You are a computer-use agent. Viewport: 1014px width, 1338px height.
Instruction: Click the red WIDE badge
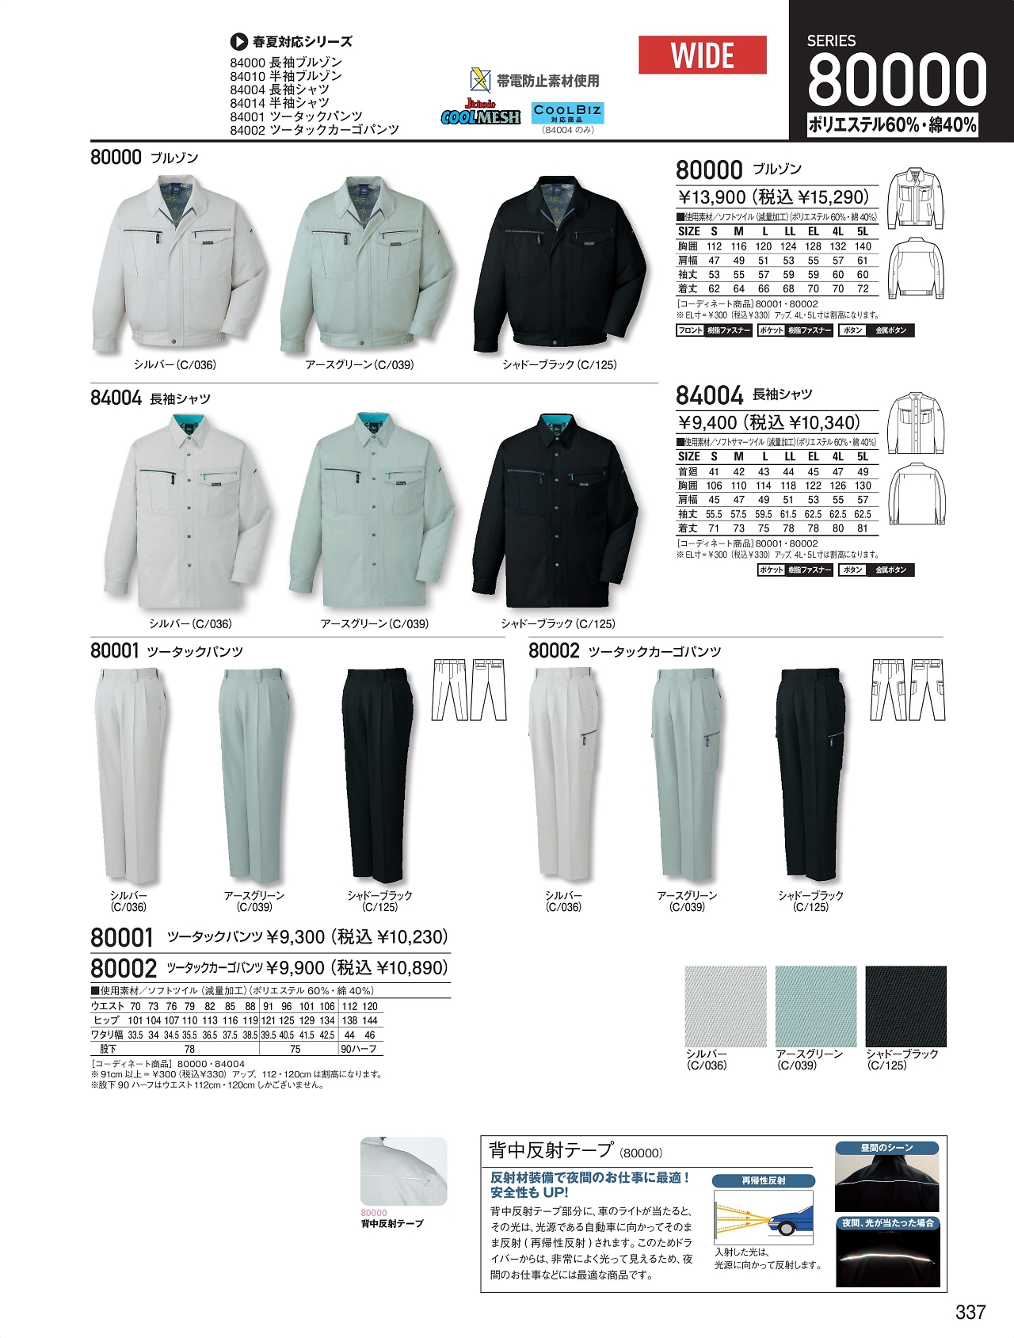pyautogui.click(x=702, y=55)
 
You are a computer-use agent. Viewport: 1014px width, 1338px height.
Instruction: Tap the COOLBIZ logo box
pyautogui.click(x=567, y=113)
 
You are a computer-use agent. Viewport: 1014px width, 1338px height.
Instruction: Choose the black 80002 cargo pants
pyautogui.click(x=810, y=772)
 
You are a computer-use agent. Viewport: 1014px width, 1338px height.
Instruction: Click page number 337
pyautogui.click(x=970, y=1313)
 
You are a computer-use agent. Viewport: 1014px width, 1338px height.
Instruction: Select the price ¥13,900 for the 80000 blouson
pyautogui.click(x=711, y=197)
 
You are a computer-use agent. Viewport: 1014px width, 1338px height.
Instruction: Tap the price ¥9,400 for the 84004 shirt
pyautogui.click(x=707, y=423)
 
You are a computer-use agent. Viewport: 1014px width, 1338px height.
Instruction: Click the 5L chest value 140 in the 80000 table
pyautogui.click(x=863, y=246)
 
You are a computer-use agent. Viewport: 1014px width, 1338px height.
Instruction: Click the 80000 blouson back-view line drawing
pyautogui.click(x=917, y=269)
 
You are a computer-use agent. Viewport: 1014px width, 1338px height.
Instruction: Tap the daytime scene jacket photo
pyautogui.click(x=887, y=1183)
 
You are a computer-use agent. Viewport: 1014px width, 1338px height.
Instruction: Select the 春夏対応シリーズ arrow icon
pyautogui.click(x=238, y=42)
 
